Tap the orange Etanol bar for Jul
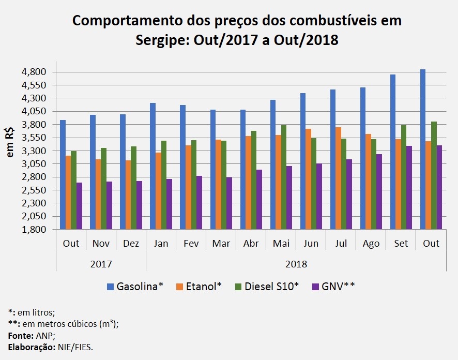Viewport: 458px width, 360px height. [338, 178]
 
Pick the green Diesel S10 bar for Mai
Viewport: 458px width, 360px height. [284, 177]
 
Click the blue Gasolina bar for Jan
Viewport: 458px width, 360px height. [152, 166]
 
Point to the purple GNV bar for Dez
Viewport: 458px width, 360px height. [139, 205]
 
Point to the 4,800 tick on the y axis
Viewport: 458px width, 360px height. [34, 72]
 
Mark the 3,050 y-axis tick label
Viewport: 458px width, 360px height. [34, 164]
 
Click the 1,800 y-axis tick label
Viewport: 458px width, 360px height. [34, 230]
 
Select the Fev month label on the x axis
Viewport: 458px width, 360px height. [191, 243]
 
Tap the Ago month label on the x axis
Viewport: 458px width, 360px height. [371, 243]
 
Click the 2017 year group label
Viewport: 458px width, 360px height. [101, 264]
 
